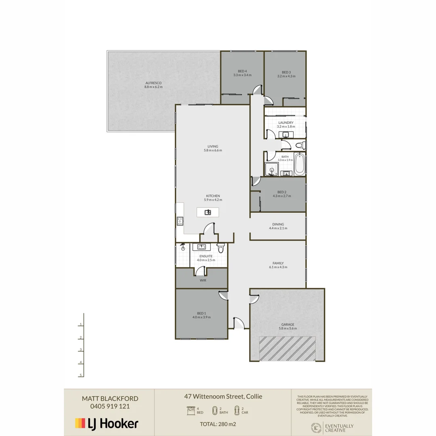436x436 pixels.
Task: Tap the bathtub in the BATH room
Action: [x=299, y=165]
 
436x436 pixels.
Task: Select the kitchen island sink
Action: [x=208, y=212]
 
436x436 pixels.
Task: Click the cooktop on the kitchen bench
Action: [x=180, y=221]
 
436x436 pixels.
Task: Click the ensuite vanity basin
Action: [x=201, y=247]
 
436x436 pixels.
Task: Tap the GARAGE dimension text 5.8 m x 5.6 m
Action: [x=288, y=329]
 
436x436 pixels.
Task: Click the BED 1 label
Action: [x=201, y=313]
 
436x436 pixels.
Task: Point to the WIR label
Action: [x=203, y=280]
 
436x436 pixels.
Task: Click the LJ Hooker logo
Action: [x=107, y=423]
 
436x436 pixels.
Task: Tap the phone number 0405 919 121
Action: [x=106, y=407]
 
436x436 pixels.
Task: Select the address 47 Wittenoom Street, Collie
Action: [x=223, y=396]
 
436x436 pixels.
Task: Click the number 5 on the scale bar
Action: [x=81, y=375]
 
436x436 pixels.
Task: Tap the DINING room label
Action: [x=278, y=224]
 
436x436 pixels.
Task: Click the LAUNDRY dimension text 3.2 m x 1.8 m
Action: [x=286, y=127]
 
